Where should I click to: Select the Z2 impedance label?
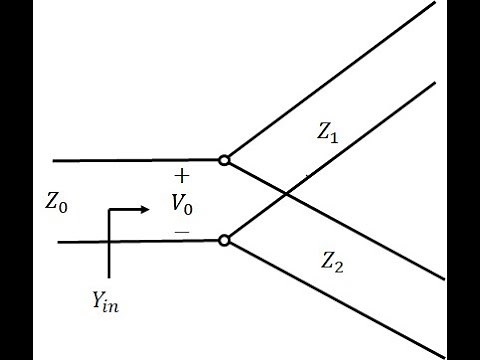333,262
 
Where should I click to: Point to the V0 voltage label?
181,206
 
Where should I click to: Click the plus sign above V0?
181,176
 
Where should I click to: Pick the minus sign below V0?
181,232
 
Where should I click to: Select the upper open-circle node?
225,159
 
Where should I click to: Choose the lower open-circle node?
225,240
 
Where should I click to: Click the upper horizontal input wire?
130,159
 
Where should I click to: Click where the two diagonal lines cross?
287,193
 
